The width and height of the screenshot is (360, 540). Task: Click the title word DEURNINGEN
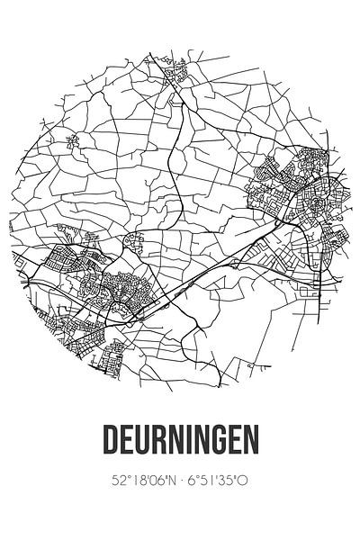180,442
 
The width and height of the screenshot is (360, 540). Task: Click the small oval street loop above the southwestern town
136,242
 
